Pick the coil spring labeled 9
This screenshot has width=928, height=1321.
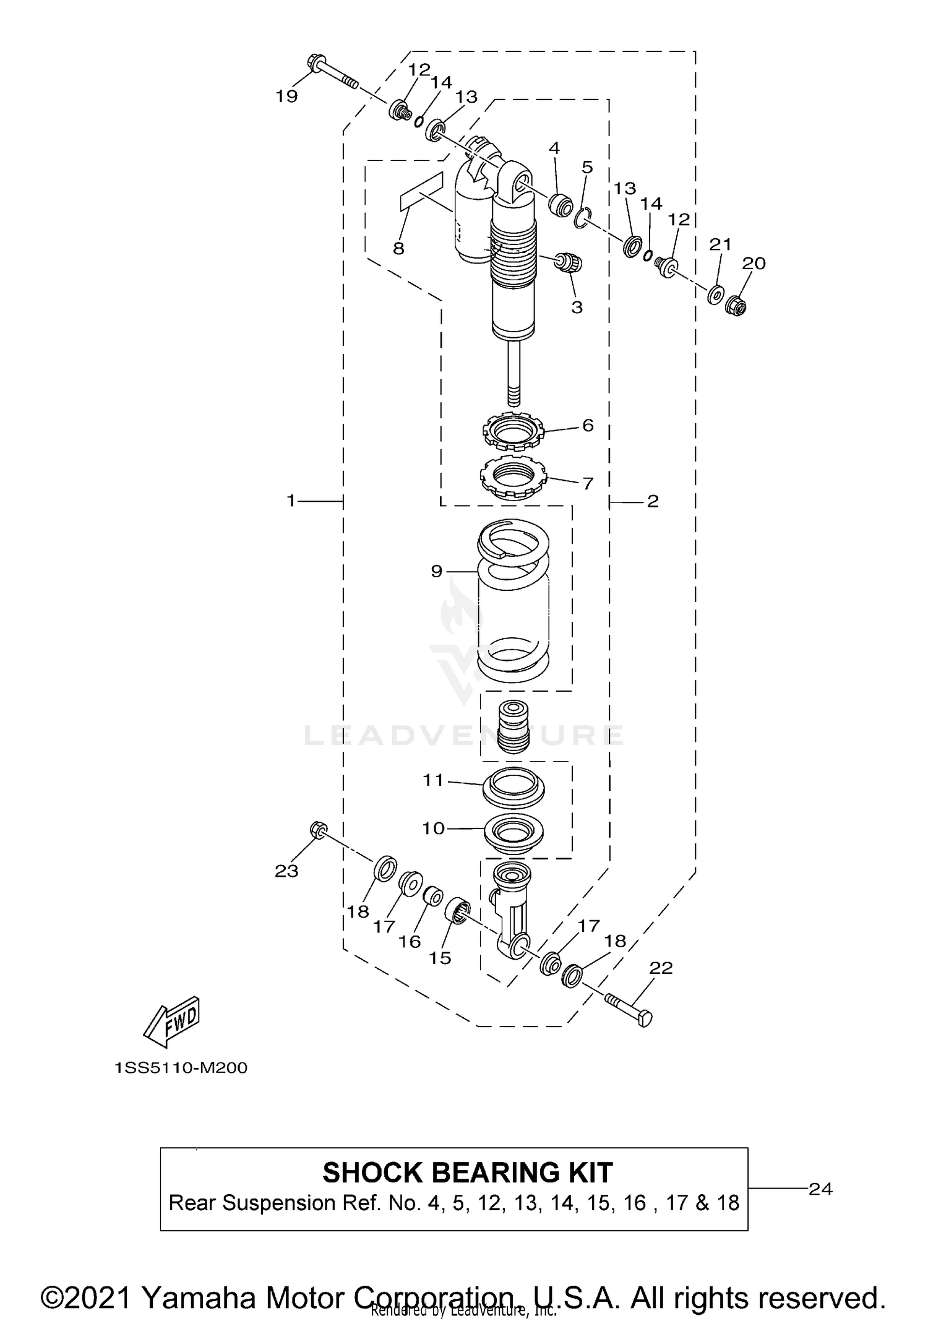pyautogui.click(x=513, y=600)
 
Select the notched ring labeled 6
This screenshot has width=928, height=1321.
pyautogui.click(x=512, y=430)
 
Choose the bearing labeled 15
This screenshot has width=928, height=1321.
pyautogui.click(x=458, y=911)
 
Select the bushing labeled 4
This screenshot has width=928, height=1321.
pyautogui.click(x=561, y=205)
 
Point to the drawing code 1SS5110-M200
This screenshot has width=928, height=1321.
pyautogui.click(x=181, y=1068)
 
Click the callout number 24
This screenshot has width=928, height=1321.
pyautogui.click(x=820, y=1189)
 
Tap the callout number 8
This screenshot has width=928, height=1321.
pyautogui.click(x=398, y=249)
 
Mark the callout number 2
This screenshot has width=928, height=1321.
pyautogui.click(x=653, y=501)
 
